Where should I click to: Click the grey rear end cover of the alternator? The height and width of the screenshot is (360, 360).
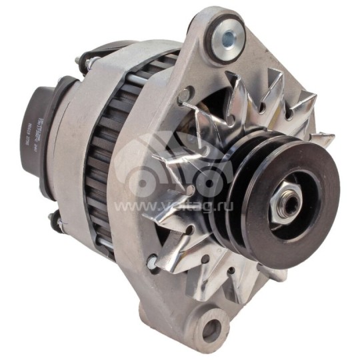point(73,153)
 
